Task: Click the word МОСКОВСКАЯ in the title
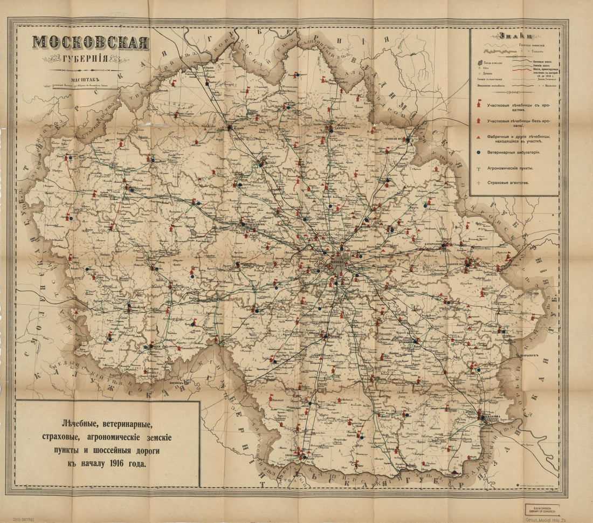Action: [91, 43]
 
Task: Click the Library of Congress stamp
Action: [542, 509]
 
